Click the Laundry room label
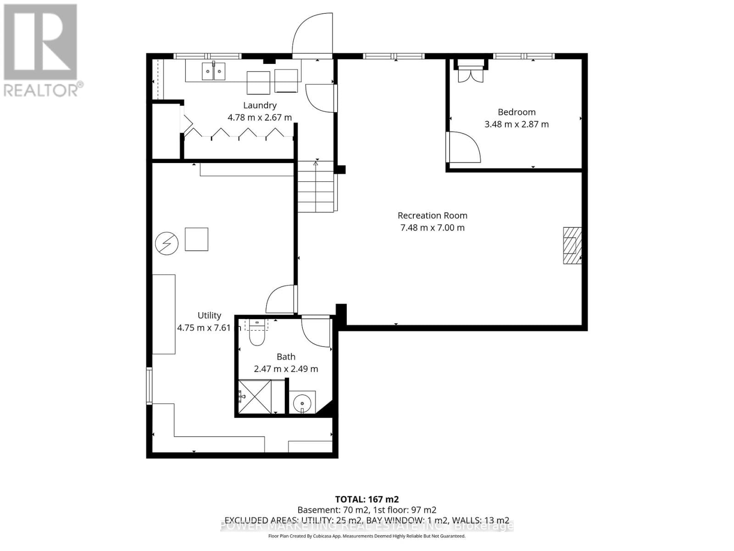point(260,105)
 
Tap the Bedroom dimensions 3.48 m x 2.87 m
point(517,124)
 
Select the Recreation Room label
point(432,215)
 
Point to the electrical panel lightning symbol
point(167,244)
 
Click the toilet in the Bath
point(257,337)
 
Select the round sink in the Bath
point(302,403)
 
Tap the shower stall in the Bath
point(255,396)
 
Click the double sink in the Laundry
point(214,72)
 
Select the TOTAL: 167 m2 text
point(367,499)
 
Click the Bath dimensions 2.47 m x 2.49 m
point(286,369)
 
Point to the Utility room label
point(209,315)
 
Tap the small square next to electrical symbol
point(196,239)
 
